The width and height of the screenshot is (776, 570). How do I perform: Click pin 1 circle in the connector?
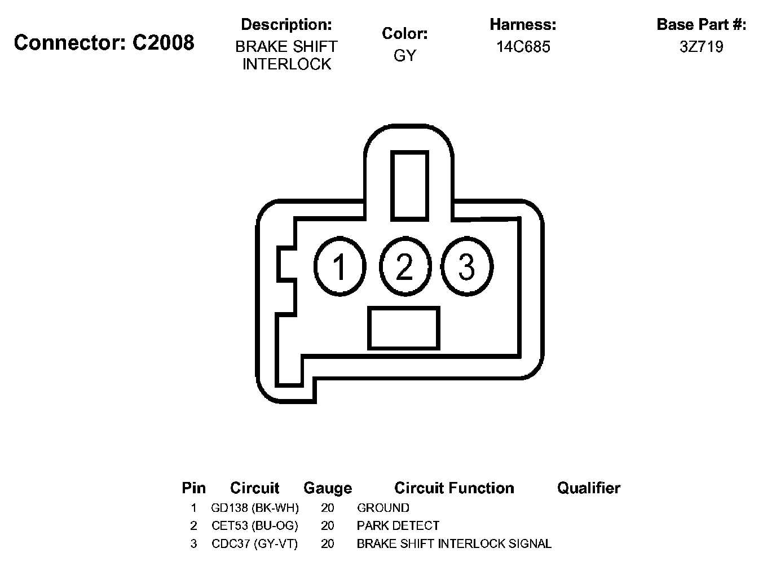pyautogui.click(x=339, y=266)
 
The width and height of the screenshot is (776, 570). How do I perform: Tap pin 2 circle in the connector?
pyautogui.click(x=404, y=266)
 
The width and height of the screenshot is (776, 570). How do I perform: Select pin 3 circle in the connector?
pyautogui.click(x=467, y=266)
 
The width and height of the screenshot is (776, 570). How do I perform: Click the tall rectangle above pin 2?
pyautogui.click(x=409, y=185)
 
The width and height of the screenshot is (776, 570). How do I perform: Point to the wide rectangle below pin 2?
pyautogui.click(x=403, y=328)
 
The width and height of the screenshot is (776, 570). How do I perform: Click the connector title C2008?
pyautogui.click(x=104, y=42)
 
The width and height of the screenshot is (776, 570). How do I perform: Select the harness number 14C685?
pyautogui.click(x=523, y=47)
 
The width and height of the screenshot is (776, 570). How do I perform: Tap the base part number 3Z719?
pyautogui.click(x=701, y=47)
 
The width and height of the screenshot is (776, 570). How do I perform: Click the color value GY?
pyautogui.click(x=404, y=56)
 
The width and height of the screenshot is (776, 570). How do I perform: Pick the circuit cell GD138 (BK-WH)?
pyautogui.click(x=255, y=508)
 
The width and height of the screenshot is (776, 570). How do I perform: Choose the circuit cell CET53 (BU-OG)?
pyautogui.click(x=255, y=526)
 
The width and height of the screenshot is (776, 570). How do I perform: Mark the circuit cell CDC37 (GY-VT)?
pyautogui.click(x=255, y=544)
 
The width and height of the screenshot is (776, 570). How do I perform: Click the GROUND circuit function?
pyautogui.click(x=383, y=508)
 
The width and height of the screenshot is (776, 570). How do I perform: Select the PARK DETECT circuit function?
pyautogui.click(x=398, y=526)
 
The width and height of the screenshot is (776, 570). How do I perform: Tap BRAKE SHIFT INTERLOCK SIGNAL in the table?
pyautogui.click(x=454, y=544)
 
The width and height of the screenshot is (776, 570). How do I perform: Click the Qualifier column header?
pyautogui.click(x=588, y=488)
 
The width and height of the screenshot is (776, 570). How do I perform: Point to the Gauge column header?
pyautogui.click(x=327, y=488)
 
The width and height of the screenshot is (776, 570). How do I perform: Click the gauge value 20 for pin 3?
pyautogui.click(x=327, y=544)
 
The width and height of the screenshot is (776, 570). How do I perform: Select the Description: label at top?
pyautogui.click(x=286, y=25)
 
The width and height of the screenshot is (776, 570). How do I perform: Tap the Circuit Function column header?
pyautogui.click(x=454, y=488)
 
